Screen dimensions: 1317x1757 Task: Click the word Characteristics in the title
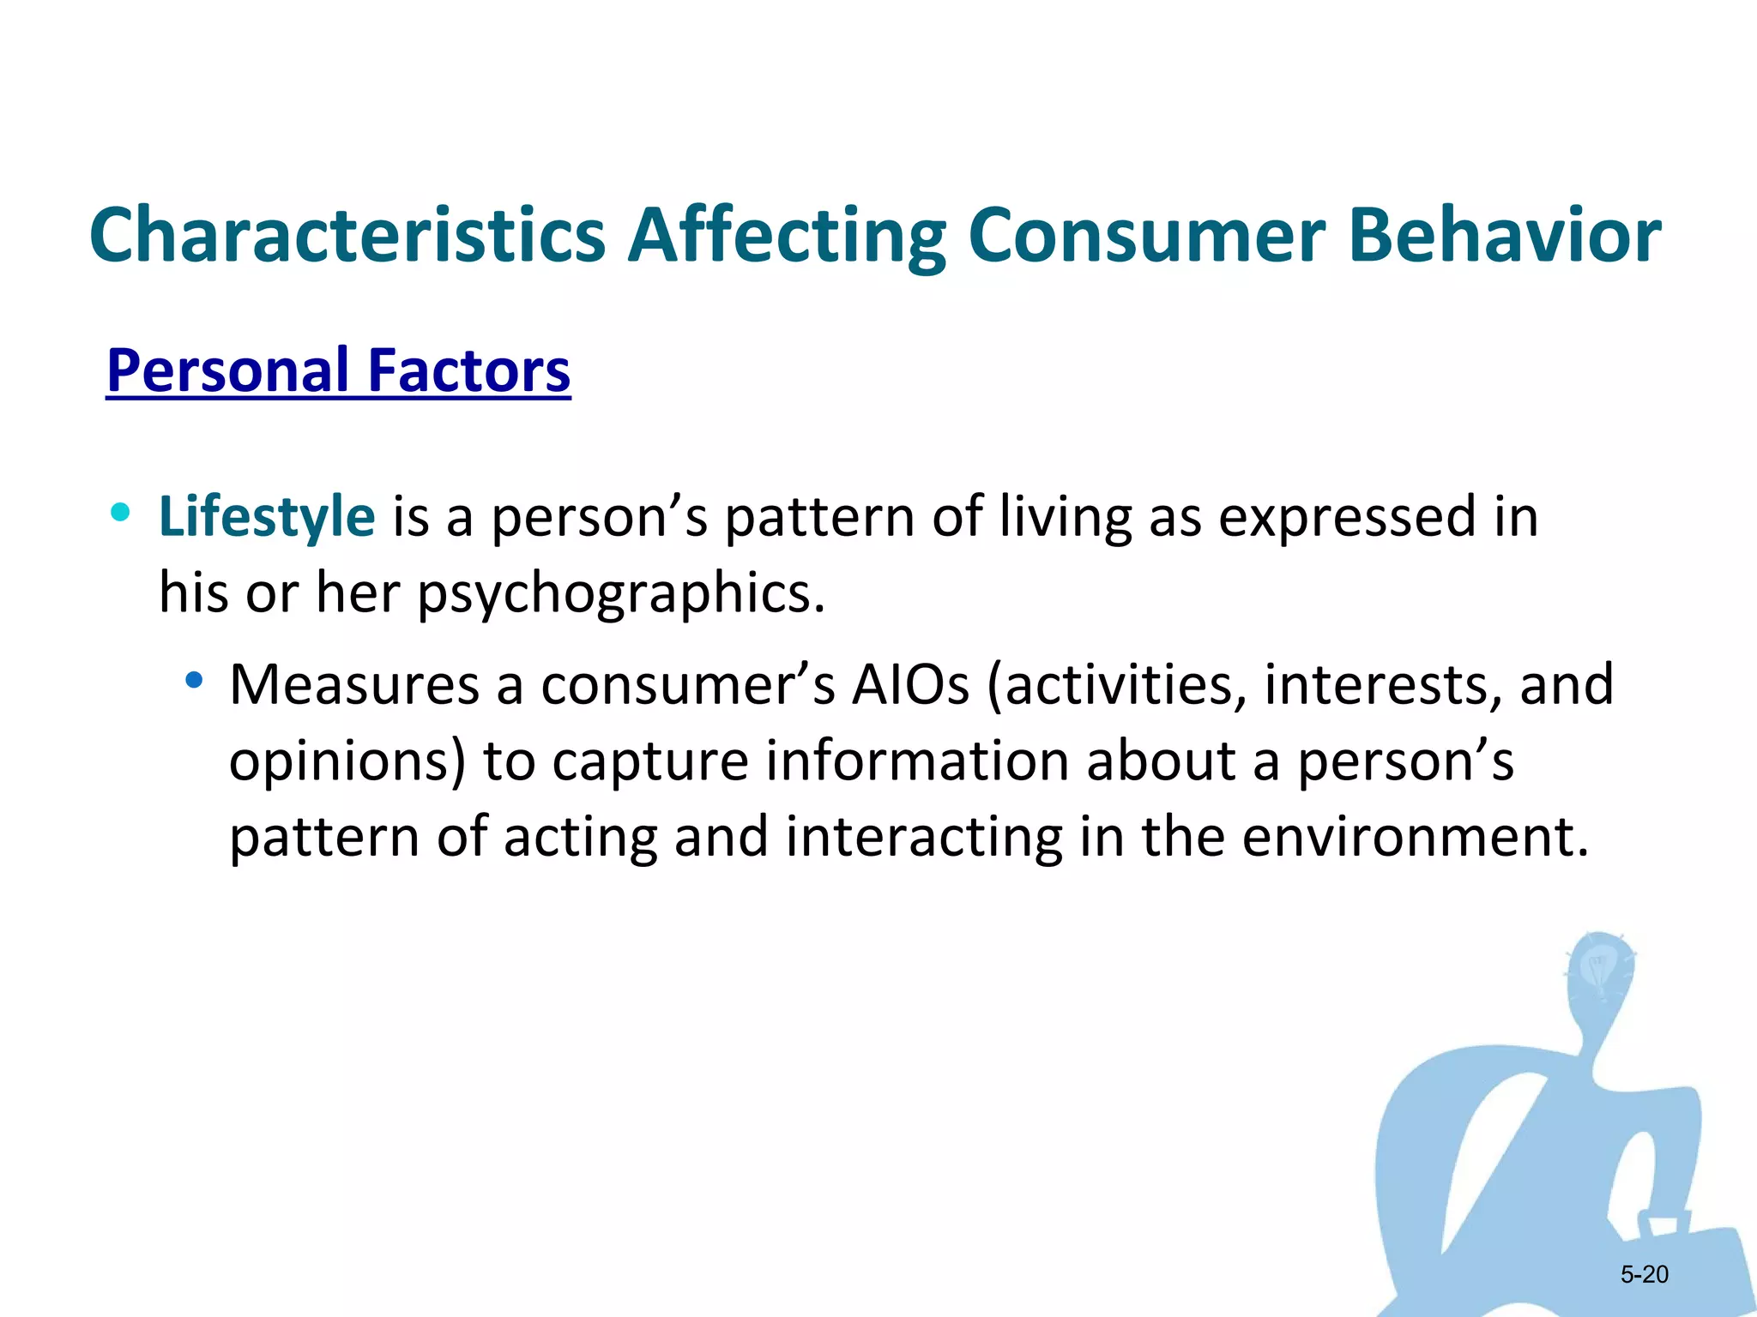[347, 235]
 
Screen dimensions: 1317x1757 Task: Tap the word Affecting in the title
[786, 235]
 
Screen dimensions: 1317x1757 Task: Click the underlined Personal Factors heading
[338, 370]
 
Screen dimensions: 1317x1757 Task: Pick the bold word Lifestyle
[267, 517]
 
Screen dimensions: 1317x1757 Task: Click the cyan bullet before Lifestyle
[121, 514]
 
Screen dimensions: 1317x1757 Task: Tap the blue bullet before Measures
[195, 682]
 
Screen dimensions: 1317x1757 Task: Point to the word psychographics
[621, 593]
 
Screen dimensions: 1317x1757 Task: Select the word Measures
[354, 685]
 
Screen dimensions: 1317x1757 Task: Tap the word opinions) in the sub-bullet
[347, 761]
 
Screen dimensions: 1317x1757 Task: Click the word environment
[1415, 837]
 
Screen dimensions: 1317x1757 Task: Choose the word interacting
[923, 837]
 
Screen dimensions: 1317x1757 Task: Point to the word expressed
[1346, 517]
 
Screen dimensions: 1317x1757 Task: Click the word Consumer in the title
[1147, 235]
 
